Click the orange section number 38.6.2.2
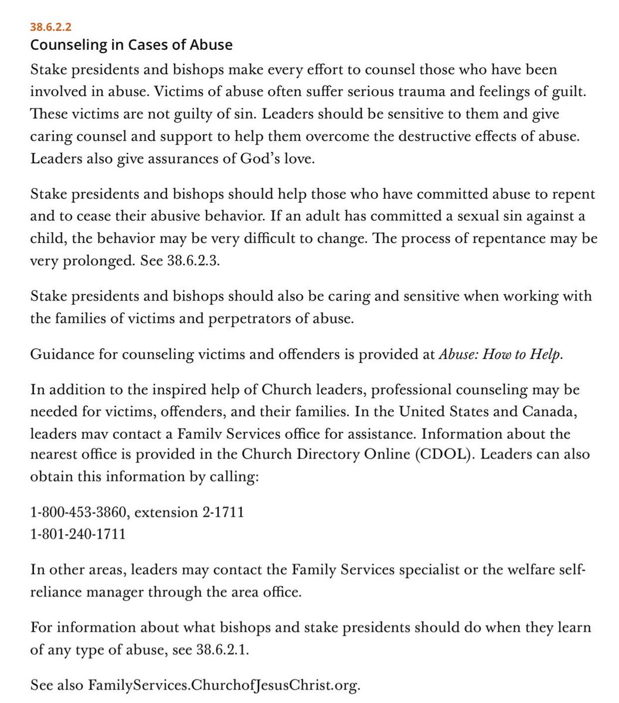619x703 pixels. (x=52, y=27)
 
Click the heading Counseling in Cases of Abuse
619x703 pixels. (x=131, y=45)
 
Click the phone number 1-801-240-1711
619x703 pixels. (x=78, y=534)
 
